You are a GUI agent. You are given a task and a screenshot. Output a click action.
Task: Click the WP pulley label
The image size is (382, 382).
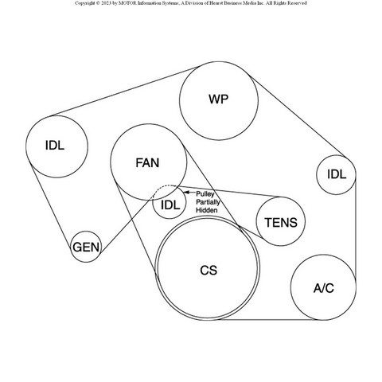click(x=218, y=99)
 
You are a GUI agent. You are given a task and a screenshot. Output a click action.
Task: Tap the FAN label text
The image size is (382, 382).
click(x=147, y=163)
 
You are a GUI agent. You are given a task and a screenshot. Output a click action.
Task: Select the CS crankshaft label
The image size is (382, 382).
click(x=209, y=271)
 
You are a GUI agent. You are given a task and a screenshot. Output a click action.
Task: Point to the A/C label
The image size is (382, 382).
click(x=324, y=288)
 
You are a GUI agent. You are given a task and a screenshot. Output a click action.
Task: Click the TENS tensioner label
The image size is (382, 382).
click(x=281, y=222)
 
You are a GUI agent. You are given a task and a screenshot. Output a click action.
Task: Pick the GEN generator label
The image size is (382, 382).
click(x=86, y=248)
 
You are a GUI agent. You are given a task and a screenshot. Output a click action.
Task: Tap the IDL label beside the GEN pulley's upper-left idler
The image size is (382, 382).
click(x=55, y=146)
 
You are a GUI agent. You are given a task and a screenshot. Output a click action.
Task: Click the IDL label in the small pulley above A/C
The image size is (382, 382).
click(x=337, y=174)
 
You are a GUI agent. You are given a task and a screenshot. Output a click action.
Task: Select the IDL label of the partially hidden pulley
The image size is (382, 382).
click(x=170, y=205)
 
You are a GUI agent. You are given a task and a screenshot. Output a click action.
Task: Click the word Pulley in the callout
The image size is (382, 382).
click(x=205, y=194)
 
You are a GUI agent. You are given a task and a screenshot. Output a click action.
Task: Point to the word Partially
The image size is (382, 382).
click(x=208, y=202)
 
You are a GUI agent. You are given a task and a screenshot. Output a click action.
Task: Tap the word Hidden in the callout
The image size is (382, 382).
click(x=207, y=210)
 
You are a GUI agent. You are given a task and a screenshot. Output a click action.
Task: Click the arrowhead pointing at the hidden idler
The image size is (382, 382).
click(x=186, y=193)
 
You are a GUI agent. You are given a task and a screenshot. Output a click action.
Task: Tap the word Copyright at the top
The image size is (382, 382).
click(x=84, y=3)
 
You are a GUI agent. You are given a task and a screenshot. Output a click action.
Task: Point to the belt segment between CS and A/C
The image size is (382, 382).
click(x=268, y=320)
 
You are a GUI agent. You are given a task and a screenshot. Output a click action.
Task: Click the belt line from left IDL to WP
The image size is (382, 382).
click(x=125, y=92)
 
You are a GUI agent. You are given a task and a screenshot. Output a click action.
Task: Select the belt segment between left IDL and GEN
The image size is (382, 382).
click(x=50, y=204)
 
